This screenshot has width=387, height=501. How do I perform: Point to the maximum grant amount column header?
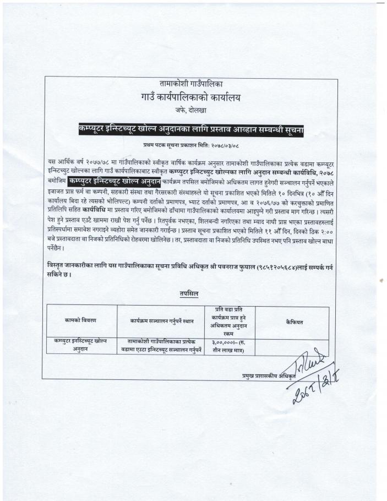(230, 322)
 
